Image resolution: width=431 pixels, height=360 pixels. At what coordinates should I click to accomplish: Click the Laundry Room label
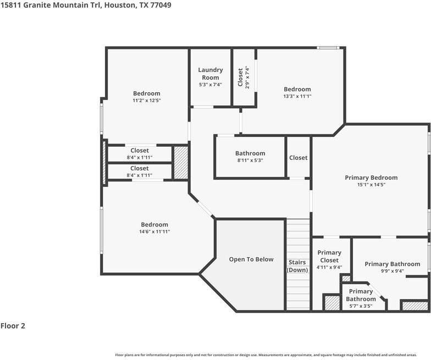[211, 74]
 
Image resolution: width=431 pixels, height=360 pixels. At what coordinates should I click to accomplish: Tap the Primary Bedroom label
[371, 178]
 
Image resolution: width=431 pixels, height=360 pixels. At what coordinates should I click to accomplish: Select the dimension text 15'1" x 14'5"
[371, 185]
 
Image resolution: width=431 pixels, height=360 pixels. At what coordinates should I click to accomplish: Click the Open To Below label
[251, 259]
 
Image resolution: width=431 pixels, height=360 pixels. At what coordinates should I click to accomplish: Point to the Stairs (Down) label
[298, 266]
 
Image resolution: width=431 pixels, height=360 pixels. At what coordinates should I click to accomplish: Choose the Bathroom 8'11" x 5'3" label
[250, 153]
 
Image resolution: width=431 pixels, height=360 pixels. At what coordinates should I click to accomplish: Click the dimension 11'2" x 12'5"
[146, 101]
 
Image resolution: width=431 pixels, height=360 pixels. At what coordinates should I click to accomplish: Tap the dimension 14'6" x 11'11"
[154, 232]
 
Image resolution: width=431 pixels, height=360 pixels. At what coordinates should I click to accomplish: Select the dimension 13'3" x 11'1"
[297, 96]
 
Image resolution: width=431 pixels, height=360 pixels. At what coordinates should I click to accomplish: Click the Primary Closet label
[329, 257]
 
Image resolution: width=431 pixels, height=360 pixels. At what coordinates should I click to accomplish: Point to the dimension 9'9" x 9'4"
[392, 271]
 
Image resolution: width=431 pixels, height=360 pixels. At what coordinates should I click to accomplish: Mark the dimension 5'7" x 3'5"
[361, 306]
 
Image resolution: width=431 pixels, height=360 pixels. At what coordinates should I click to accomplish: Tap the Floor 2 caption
[13, 326]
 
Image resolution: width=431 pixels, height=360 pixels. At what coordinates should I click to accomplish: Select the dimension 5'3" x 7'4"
[211, 85]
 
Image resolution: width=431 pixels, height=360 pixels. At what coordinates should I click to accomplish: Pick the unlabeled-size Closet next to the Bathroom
[299, 158]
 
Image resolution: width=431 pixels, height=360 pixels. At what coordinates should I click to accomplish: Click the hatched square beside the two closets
[181, 162]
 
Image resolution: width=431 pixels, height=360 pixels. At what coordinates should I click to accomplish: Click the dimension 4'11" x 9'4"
[329, 267]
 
